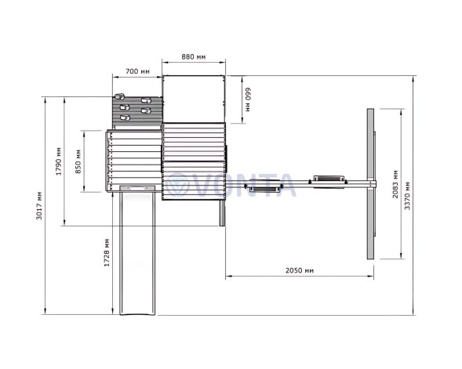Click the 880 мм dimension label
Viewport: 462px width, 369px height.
(193, 56)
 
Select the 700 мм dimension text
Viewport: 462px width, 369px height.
(137, 71)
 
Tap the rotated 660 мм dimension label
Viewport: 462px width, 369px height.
(248, 99)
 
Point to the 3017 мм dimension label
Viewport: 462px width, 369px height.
(39, 205)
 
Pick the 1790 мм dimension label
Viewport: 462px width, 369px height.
(59, 161)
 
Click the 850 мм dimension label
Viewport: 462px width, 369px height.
(78, 161)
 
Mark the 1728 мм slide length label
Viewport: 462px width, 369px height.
(107, 252)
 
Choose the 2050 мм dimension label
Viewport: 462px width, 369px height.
(300, 270)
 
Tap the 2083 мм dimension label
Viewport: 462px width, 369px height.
(395, 184)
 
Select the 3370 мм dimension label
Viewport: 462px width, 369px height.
(407, 196)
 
